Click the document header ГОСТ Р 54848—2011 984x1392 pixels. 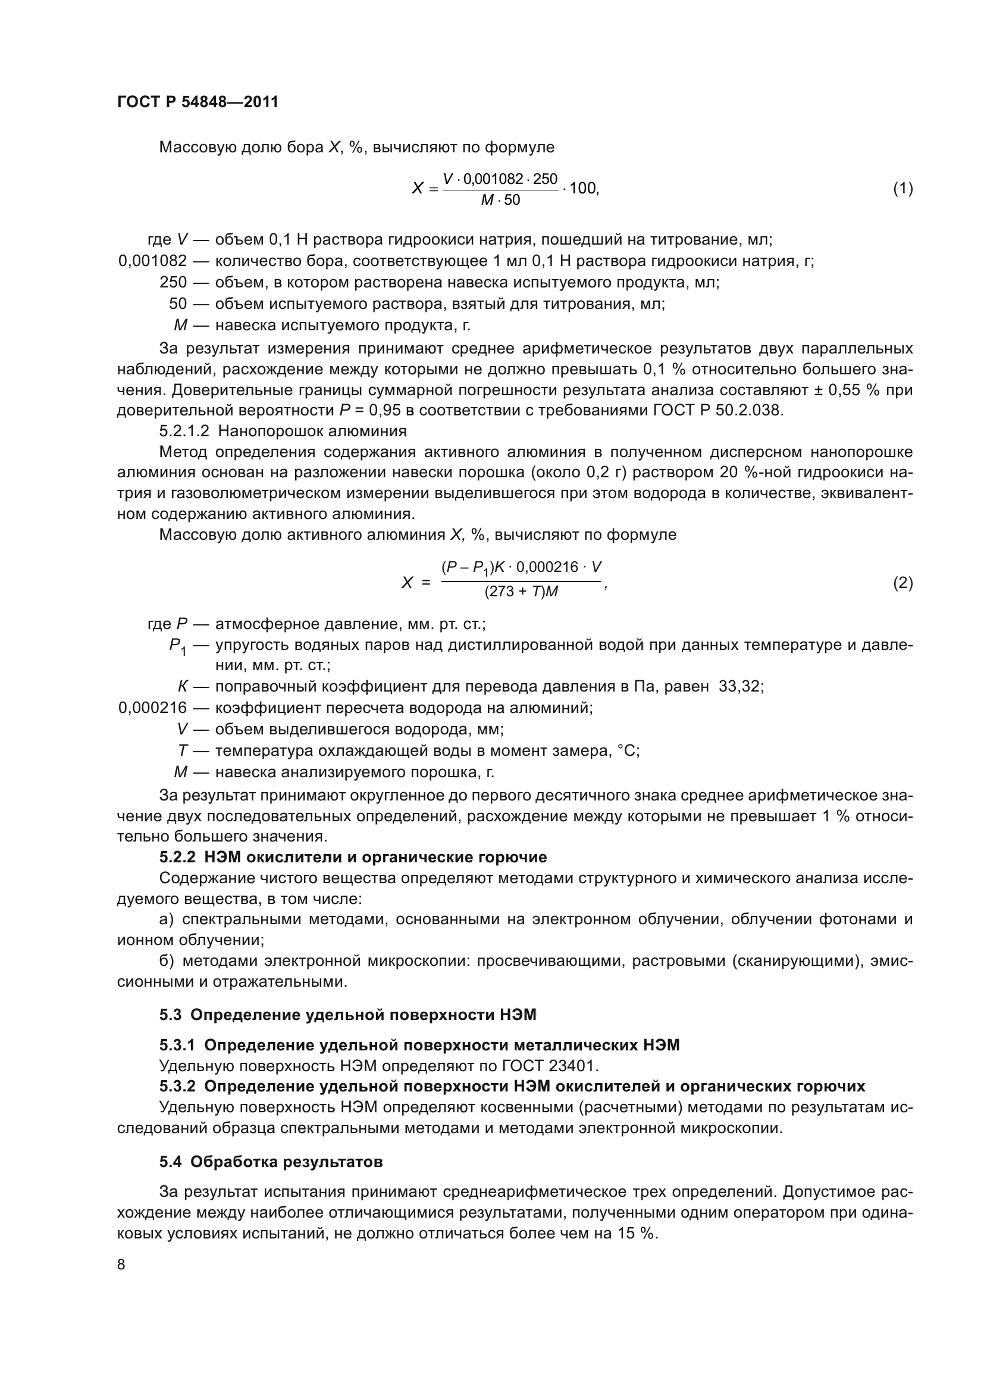[x=198, y=102]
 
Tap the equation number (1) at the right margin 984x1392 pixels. [x=902, y=189]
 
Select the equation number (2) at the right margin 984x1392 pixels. [x=902, y=583]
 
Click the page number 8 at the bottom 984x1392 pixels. [x=121, y=1264]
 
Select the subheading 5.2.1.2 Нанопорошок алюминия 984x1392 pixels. [x=283, y=431]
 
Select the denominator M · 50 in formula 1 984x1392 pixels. [x=500, y=200]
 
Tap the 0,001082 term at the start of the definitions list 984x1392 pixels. [x=153, y=261]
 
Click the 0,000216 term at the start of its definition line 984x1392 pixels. [x=153, y=708]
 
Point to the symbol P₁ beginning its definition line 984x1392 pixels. [x=177, y=646]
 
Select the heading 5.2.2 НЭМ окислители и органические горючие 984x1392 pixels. [x=353, y=856]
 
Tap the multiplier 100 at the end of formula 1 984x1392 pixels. [x=583, y=189]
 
